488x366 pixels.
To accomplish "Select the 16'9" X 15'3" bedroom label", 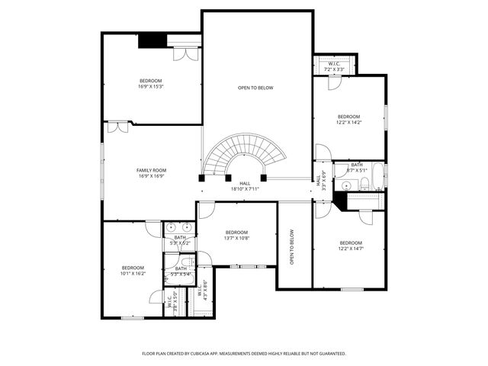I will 151,83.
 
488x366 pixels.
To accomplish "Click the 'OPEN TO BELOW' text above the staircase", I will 255,88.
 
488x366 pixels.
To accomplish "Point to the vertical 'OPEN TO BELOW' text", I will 292,247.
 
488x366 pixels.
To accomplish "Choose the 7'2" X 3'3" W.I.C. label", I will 335,66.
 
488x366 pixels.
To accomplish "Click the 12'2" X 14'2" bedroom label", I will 349,119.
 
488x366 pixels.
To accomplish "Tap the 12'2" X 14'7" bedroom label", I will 351,246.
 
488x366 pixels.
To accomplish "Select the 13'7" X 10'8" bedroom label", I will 236,235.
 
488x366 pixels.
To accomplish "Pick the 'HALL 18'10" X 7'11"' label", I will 245,186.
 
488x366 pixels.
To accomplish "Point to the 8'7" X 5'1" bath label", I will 358,167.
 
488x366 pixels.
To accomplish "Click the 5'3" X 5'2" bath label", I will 180,240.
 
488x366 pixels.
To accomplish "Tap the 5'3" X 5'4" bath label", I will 181,271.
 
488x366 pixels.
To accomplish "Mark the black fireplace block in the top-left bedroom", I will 152,41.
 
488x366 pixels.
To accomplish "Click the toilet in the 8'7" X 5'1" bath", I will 365,183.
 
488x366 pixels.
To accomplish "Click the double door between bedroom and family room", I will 117,127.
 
